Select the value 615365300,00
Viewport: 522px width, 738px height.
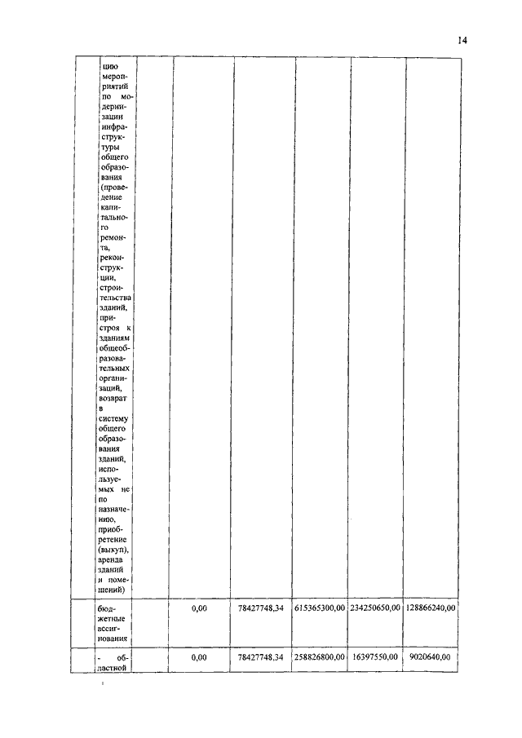point(321,608)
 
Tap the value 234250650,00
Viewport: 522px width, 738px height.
point(375,608)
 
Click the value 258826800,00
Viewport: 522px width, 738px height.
point(321,656)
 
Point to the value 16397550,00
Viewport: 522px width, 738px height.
point(375,656)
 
